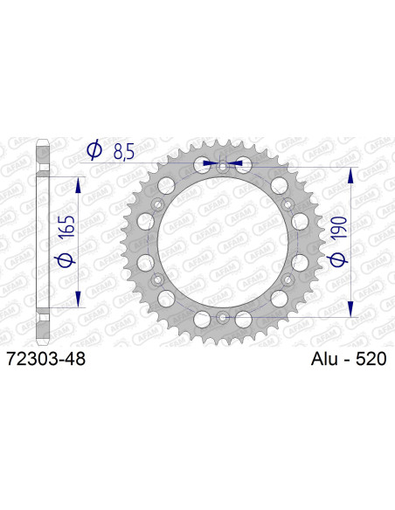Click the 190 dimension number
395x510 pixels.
(x=341, y=230)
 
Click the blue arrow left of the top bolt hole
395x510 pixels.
(x=208, y=162)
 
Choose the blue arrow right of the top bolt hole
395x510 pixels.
(x=236, y=162)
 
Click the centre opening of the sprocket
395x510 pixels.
(x=222, y=241)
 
